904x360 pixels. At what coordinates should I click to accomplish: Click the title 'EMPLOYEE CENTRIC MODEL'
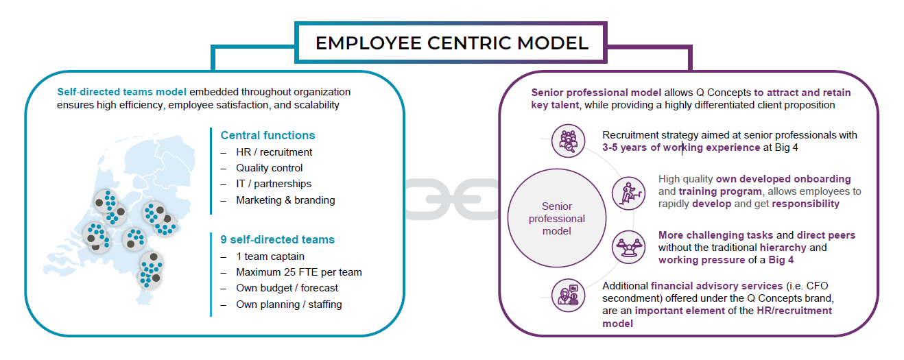(x=451, y=43)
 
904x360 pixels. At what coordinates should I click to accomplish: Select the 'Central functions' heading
(x=267, y=135)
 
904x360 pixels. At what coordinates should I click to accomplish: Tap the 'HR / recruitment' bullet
(x=274, y=152)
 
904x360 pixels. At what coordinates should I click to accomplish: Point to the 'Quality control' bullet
(x=269, y=168)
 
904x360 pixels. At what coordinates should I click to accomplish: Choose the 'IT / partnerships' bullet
(x=273, y=184)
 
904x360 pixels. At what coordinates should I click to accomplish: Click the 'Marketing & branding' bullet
(x=285, y=200)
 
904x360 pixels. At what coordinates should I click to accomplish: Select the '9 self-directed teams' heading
(x=277, y=239)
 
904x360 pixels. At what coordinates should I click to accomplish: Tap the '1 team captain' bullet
(x=270, y=256)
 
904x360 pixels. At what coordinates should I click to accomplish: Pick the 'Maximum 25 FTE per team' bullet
(x=298, y=272)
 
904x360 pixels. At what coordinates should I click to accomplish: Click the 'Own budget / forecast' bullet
(x=287, y=288)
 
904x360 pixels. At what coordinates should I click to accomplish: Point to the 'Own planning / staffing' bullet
(x=289, y=304)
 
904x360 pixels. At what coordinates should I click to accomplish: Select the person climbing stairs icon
(x=628, y=191)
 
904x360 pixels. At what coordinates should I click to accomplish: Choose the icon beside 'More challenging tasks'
(x=628, y=247)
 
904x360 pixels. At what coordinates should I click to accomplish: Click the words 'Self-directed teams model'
(x=121, y=92)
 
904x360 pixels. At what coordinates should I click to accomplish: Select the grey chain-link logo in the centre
(x=453, y=199)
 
